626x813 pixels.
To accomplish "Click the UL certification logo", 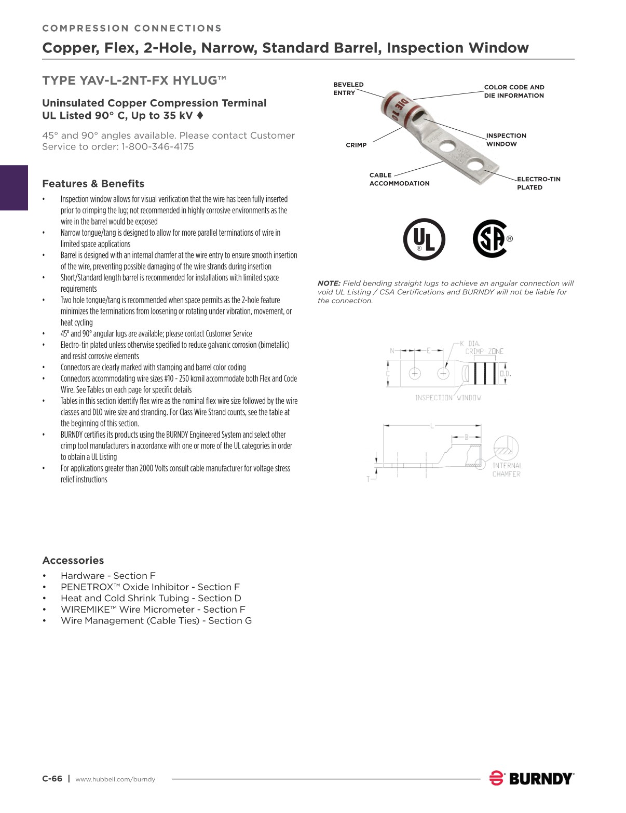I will click(x=424, y=239).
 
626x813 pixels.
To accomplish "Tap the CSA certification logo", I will click(x=491, y=239).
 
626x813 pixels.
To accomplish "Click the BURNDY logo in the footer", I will click(x=532, y=778).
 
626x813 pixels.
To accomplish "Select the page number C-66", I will click(x=52, y=779).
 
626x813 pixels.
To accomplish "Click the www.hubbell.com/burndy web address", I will click(x=115, y=779).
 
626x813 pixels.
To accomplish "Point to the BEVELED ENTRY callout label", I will click(x=348, y=89).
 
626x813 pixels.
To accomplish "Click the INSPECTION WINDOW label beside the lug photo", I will click(x=506, y=140).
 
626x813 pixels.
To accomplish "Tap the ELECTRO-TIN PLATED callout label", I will click(x=538, y=183).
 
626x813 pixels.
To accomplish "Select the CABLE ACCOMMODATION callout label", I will click(x=399, y=179).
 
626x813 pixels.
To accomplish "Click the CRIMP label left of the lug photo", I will click(x=356, y=145).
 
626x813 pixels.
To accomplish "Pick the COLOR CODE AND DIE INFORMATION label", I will click(x=514, y=91).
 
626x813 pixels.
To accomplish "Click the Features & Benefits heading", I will click(x=93, y=184).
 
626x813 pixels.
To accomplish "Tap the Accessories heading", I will click(x=73, y=561).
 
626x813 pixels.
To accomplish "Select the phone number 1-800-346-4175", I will click(x=157, y=147).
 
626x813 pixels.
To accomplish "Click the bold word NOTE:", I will click(x=329, y=283).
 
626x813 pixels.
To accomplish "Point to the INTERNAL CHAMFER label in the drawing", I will click(x=507, y=470).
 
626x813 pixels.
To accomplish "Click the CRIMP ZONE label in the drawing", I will click(x=484, y=351).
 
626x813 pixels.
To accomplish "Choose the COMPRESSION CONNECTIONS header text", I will click(x=132, y=29).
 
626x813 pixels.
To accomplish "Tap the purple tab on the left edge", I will click(x=14, y=187).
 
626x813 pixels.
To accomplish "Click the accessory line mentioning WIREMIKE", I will click(x=153, y=609).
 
